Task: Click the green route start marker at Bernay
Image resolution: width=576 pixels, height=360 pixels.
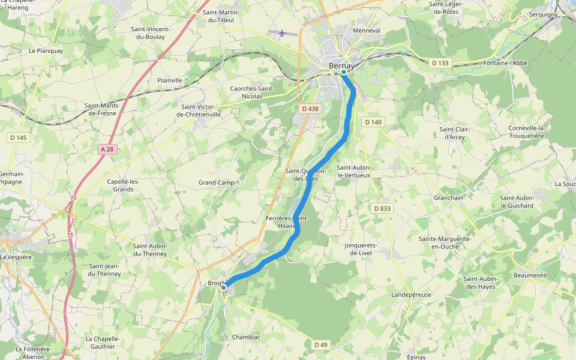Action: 344,73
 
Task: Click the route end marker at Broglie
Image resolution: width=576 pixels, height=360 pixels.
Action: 223,288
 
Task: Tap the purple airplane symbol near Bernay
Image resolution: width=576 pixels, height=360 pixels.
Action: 282,33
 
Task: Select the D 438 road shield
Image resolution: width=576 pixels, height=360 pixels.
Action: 310,109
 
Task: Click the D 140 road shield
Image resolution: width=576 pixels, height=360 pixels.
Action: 373,122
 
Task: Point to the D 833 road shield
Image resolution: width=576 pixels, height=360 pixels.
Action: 382,208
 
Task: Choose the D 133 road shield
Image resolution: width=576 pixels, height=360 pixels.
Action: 440,63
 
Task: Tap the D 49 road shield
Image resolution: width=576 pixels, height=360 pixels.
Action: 321,344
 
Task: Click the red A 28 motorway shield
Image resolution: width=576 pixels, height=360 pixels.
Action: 107,149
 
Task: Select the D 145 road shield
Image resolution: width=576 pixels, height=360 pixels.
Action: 18,137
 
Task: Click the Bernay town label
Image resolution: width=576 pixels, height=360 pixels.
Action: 341,65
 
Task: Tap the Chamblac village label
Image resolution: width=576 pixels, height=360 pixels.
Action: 246,337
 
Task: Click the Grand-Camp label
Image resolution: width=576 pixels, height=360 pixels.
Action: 216,182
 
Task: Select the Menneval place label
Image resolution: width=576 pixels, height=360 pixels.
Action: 367,30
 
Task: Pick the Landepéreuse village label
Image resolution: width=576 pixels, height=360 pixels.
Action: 411,295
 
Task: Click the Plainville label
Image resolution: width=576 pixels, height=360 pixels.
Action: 169,80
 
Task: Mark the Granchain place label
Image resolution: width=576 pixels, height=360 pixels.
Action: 448,197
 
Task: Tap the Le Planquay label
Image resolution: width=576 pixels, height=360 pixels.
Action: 46,51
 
